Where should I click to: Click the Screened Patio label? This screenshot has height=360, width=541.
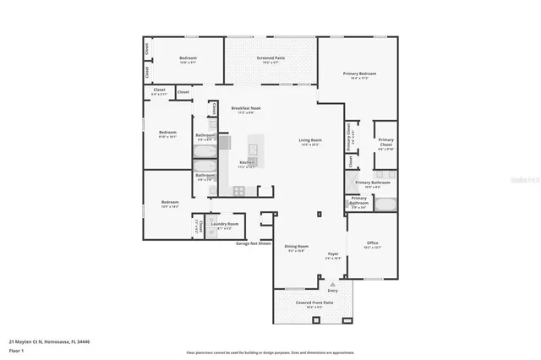click(x=270, y=58)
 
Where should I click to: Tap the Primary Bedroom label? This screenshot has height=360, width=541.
click(x=359, y=74)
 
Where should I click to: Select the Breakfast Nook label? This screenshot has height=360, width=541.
click(x=246, y=109)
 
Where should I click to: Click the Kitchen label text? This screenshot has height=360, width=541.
click(x=247, y=161)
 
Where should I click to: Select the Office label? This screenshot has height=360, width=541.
click(x=372, y=243)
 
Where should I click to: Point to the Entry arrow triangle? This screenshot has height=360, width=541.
click(x=333, y=284)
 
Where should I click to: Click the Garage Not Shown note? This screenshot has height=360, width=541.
click(x=254, y=243)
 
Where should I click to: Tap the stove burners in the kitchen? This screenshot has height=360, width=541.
click(x=239, y=191)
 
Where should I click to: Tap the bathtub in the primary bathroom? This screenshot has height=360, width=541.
click(x=385, y=204)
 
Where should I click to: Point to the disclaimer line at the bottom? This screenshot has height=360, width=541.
click(x=270, y=352)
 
